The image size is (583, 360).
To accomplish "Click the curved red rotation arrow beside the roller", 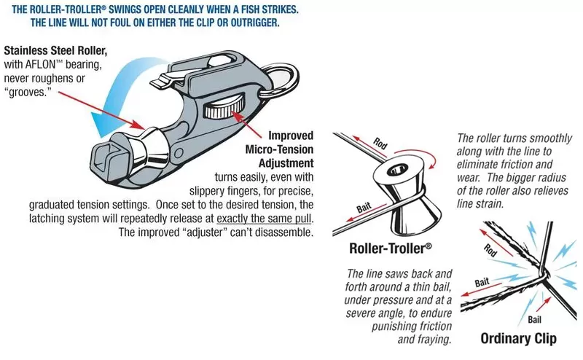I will [431, 160].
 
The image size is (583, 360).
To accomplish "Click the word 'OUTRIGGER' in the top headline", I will [248, 22].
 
